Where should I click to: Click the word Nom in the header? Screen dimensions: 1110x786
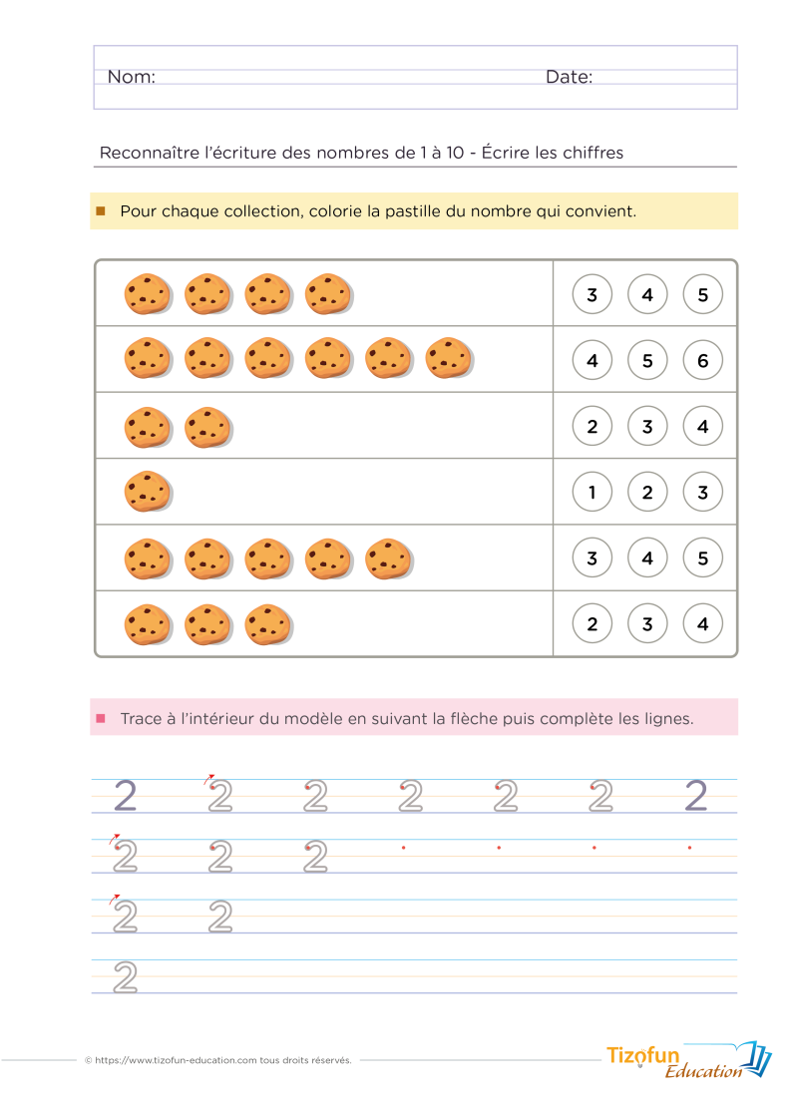[131, 77]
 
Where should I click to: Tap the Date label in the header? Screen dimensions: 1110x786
[569, 77]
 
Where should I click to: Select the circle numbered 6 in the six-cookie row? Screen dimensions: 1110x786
[703, 360]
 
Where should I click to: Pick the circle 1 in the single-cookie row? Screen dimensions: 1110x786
[592, 492]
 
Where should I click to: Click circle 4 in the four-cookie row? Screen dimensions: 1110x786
[647, 294]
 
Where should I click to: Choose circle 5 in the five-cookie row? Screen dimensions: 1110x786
[703, 557]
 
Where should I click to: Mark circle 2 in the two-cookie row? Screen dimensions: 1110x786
[592, 426]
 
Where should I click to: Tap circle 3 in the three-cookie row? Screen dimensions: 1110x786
[647, 624]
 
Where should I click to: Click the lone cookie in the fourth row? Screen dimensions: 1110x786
[148, 492]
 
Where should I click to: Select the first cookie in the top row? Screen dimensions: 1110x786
[148, 293]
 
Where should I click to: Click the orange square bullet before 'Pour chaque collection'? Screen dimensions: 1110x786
[101, 211]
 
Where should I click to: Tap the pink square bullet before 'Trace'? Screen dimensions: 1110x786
[101, 717]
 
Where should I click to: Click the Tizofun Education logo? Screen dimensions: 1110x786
[688, 1060]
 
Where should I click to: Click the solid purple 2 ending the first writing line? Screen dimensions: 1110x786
[695, 795]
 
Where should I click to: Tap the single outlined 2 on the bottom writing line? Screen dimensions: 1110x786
[125, 976]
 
